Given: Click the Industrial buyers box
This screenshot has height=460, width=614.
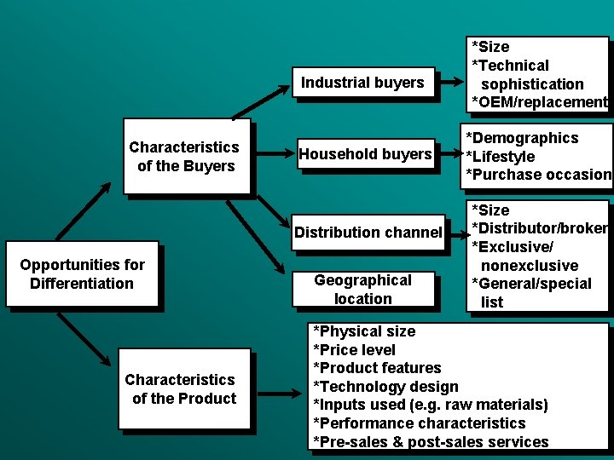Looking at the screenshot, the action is pos(362,83).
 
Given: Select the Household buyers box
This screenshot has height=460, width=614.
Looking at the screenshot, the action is pos(365,154).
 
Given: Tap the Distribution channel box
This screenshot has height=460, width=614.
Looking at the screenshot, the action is pos(368,232).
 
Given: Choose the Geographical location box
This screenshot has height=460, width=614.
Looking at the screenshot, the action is pos(363,290).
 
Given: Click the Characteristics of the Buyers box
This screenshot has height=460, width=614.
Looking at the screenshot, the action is pos(184,157).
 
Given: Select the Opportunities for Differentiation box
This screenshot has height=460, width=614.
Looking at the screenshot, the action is pos(82,274).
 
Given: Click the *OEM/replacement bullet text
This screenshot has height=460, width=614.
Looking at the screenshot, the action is pos(539,102).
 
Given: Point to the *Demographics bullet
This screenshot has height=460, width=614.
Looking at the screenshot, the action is pos(522,138).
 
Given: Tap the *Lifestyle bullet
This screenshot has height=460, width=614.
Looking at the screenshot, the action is pos(501,157).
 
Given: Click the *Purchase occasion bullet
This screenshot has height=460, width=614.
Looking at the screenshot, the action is pos(538,175).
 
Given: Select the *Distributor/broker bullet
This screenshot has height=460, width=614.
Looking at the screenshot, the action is pos(539,228).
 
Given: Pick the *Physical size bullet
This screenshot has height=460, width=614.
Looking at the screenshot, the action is pos(365,331).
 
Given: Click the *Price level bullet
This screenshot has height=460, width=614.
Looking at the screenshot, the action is pos(355,350).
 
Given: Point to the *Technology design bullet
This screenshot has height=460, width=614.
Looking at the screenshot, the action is pos(386,387).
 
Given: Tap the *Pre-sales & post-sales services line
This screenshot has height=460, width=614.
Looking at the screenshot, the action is pos(432,442).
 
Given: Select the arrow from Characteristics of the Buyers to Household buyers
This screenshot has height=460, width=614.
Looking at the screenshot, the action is pos(273,155).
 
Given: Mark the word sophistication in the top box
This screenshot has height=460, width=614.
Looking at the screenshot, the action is pos(532,84).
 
